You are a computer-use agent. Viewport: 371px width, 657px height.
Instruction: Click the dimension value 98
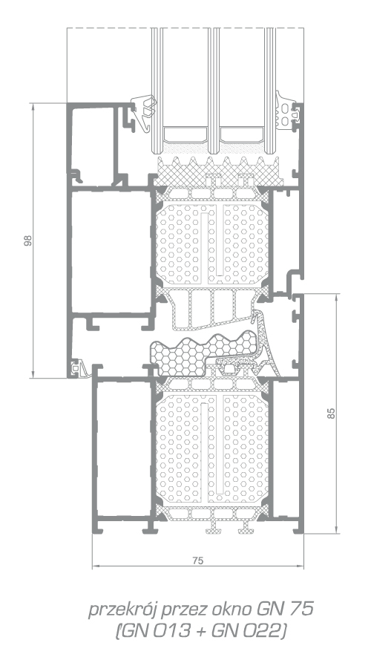(27, 241)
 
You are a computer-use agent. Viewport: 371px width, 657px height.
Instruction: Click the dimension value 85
(332, 414)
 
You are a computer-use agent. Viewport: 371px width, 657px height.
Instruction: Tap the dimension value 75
(197, 560)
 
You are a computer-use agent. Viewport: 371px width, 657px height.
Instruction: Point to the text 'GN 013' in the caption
(156, 631)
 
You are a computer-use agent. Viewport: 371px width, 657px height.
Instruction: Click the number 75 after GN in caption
(303, 609)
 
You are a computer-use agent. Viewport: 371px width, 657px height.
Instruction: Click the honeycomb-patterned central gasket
(197, 354)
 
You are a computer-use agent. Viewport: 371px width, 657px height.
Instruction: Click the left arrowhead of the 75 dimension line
(95, 566)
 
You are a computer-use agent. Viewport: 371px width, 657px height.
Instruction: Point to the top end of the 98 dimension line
(33, 103)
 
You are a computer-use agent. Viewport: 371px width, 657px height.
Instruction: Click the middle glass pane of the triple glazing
(214, 90)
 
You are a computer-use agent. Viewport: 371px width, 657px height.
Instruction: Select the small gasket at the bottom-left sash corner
(80, 368)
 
